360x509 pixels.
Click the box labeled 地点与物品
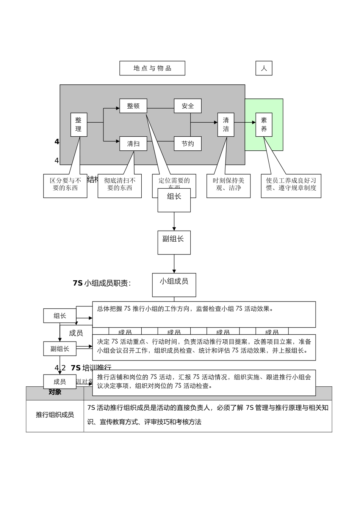point(152,68)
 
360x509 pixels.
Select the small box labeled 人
point(264,68)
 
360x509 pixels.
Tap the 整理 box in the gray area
point(78,125)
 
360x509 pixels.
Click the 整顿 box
point(133,106)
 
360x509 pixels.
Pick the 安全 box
point(188,106)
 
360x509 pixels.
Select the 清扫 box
point(133,144)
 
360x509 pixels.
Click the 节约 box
point(188,144)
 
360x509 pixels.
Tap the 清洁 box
point(226,125)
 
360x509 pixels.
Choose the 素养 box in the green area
point(264,125)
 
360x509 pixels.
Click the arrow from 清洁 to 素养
point(245,122)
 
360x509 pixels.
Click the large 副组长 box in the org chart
point(174,242)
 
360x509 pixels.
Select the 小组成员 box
point(174,285)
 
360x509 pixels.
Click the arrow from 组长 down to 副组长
point(174,221)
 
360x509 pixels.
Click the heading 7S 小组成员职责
point(102,283)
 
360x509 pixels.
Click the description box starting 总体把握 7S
point(204,314)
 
